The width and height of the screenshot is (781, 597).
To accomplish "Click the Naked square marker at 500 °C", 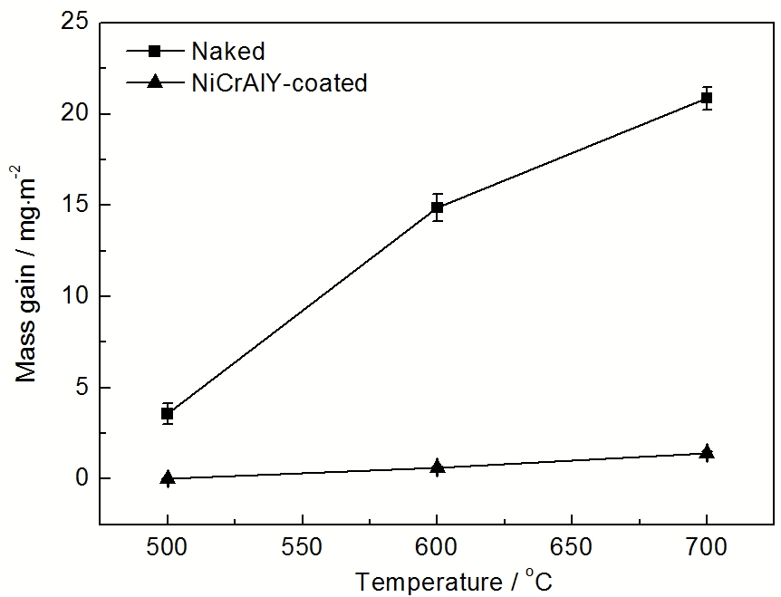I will pyautogui.click(x=168, y=414).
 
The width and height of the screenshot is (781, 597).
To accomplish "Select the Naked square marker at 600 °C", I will pyautogui.click(x=437, y=207).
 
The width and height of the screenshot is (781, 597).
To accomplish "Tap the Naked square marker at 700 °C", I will pyautogui.click(x=707, y=98).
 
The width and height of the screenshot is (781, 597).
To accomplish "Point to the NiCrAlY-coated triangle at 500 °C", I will pyautogui.click(x=168, y=477).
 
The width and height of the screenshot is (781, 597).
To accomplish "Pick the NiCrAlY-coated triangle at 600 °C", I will pyautogui.click(x=437, y=467).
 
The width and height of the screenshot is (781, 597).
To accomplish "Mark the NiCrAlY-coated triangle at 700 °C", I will pyautogui.click(x=707, y=452).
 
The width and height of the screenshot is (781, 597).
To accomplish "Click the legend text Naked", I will pyautogui.click(x=222, y=51).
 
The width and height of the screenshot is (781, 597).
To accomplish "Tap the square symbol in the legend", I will pyautogui.click(x=155, y=51).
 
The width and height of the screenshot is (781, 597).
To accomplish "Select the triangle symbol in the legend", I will pyautogui.click(x=155, y=82).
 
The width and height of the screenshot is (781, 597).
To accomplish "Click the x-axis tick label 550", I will pyautogui.click(x=302, y=549).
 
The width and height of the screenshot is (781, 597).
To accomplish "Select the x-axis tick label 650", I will pyautogui.click(x=572, y=549).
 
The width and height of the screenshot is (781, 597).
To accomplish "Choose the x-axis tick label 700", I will pyautogui.click(x=707, y=549).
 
